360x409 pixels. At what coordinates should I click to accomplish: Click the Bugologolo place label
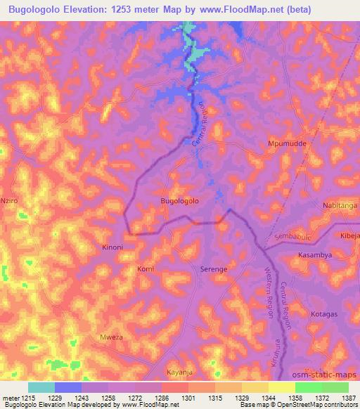tap(180, 201)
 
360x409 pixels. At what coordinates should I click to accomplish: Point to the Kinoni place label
tap(112, 247)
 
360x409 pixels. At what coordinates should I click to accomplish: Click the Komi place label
tap(145, 269)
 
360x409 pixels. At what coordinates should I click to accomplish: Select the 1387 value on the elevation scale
tap(349, 398)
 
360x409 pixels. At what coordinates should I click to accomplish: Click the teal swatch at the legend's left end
tap(41, 387)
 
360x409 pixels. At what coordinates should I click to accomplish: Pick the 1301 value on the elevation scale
tap(188, 398)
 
